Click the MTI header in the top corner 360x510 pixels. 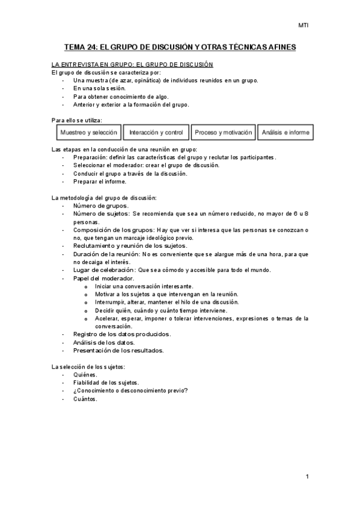click(303, 25)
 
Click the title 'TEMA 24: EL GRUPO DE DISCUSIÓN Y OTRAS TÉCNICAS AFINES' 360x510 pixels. click(180, 46)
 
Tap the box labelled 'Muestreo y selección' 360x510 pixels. click(88, 132)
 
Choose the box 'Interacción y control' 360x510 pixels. click(156, 132)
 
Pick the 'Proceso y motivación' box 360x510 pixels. click(224, 132)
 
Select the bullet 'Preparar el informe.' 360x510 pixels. click(100, 181)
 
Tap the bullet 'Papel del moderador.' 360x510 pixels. click(103, 278)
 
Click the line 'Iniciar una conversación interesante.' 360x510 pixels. click(144, 286)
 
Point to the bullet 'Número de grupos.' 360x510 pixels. click(100, 206)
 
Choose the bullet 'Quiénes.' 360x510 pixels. click(85, 375)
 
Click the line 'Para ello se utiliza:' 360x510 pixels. click(77, 120)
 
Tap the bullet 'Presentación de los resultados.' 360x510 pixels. click(118, 350)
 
